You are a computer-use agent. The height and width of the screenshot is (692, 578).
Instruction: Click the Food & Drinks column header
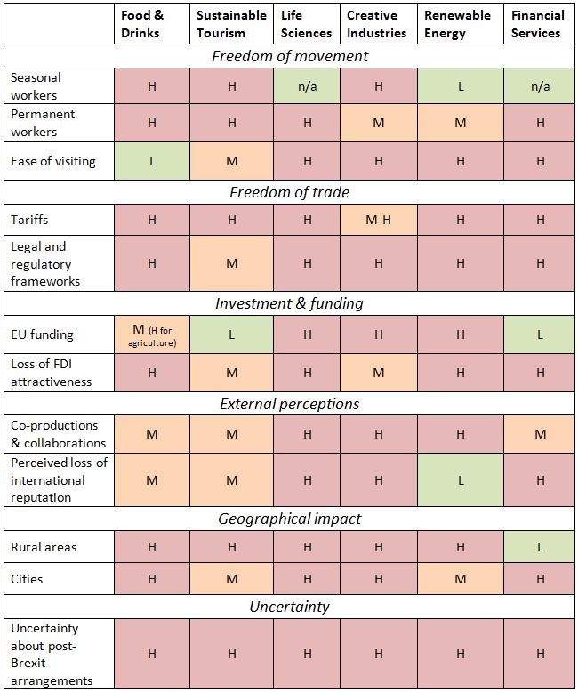pos(141,24)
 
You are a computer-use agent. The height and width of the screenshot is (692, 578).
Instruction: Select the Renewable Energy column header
pos(457,24)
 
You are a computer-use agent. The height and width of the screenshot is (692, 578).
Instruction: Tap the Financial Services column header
pos(537,24)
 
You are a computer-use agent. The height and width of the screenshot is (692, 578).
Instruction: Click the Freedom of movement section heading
pos(290,56)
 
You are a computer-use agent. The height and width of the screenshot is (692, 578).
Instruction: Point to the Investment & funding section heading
pos(290,303)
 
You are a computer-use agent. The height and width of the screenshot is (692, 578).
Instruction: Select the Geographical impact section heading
pos(290,519)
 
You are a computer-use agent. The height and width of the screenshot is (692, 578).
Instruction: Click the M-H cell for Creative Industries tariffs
pos(379,220)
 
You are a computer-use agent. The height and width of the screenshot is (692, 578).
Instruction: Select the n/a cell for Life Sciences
pos(306,86)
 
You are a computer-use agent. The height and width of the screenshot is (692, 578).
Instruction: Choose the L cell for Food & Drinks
pos(151,161)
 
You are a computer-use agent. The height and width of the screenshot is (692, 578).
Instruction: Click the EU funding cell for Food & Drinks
pos(151,334)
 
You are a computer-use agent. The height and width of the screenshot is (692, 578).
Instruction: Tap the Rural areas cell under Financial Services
pos(540,547)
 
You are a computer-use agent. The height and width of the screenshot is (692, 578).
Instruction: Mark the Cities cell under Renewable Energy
pos(460,579)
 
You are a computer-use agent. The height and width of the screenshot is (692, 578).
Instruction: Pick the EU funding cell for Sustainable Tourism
pos(231,334)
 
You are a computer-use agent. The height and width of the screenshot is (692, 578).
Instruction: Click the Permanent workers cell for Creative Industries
pos(379,123)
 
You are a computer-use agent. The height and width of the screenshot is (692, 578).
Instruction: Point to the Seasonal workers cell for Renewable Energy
pos(460,86)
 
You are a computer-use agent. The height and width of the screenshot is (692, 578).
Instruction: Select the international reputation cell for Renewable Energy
pos(460,479)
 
